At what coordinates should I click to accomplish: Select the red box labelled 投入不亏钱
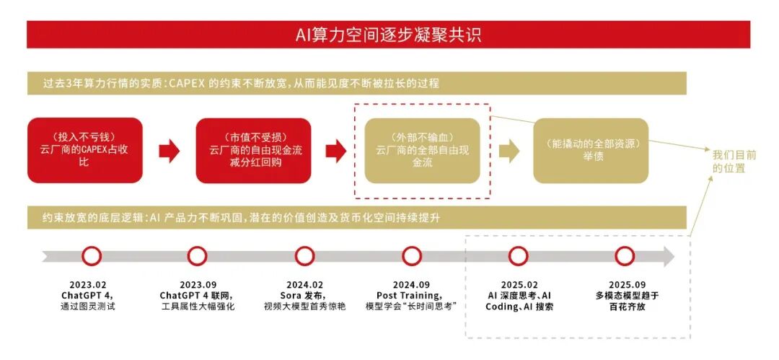click(85, 150)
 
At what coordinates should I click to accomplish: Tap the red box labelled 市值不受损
click(253, 150)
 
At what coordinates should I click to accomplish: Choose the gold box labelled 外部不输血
click(422, 150)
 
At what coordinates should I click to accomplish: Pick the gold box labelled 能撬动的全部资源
click(591, 150)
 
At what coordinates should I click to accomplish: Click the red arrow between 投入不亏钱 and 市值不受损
click(169, 151)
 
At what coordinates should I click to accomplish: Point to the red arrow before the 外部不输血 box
click(336, 151)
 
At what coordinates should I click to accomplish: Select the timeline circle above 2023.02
click(92, 256)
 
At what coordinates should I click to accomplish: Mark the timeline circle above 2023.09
click(197, 256)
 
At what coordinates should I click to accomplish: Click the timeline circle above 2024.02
click(304, 256)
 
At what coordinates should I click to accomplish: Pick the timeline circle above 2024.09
click(412, 256)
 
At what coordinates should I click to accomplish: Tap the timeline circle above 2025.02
click(518, 256)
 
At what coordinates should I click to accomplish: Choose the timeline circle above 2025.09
click(625, 256)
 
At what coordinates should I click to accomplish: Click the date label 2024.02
click(304, 284)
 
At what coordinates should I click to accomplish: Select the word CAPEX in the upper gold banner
click(187, 84)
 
